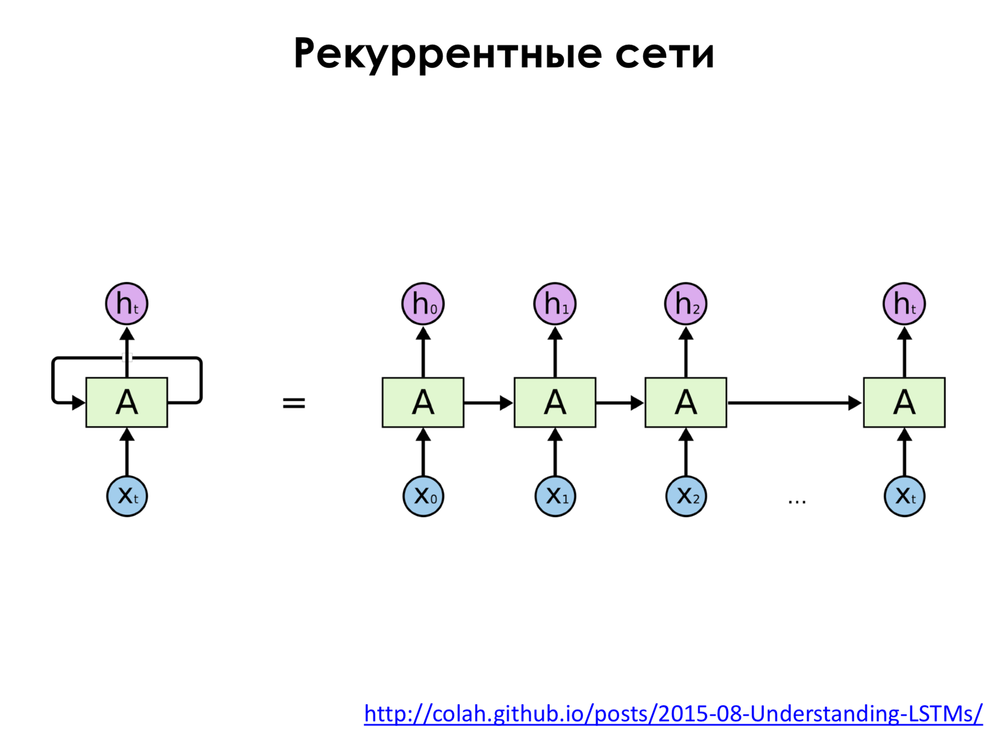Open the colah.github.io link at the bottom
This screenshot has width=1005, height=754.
click(x=673, y=713)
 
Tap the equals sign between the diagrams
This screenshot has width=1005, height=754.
click(x=294, y=403)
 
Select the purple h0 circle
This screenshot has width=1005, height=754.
click(x=423, y=304)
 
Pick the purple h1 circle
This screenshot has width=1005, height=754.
click(x=555, y=304)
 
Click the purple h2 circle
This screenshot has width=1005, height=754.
click(x=686, y=304)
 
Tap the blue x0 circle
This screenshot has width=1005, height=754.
click(x=423, y=496)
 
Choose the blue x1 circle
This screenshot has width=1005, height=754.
click(x=555, y=496)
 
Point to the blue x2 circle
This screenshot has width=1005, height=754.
click(x=686, y=496)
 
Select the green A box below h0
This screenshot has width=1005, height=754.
click(x=423, y=402)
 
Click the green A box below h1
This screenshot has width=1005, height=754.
click(x=555, y=402)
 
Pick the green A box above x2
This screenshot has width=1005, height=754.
click(x=686, y=402)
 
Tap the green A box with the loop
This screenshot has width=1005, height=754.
click(x=127, y=402)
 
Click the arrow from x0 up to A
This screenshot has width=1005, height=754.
click(x=423, y=452)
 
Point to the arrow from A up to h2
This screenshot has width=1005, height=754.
click(x=686, y=352)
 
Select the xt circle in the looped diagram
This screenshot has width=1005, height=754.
click(x=127, y=496)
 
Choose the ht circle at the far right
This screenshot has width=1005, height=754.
click(x=904, y=304)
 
